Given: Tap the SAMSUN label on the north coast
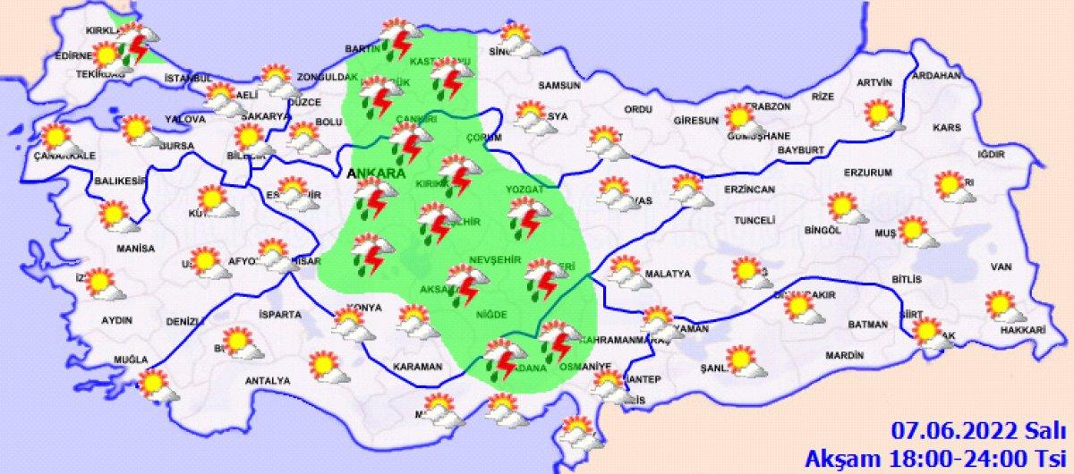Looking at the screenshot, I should (559, 87).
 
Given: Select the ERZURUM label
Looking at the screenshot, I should (869, 172).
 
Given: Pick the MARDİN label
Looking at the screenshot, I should (844, 355).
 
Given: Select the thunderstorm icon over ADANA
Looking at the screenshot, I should (503, 358).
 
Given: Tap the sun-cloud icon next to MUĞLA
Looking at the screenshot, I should (157, 385).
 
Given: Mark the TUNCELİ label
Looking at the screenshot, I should (754, 220).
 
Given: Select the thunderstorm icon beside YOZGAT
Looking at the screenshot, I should (529, 216).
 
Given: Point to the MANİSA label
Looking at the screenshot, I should (135, 248).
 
